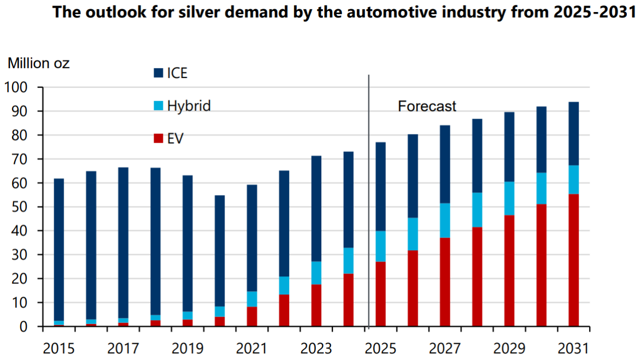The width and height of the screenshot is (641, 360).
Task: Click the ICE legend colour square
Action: [x=158, y=73]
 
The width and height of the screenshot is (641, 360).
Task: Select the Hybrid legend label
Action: [x=189, y=105]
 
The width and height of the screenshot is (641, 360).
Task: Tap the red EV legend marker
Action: [x=158, y=138]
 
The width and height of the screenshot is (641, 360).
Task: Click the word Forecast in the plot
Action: [x=427, y=105]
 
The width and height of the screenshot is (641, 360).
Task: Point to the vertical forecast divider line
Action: [x=369, y=202]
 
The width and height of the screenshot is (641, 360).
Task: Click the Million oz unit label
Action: [x=38, y=63]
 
